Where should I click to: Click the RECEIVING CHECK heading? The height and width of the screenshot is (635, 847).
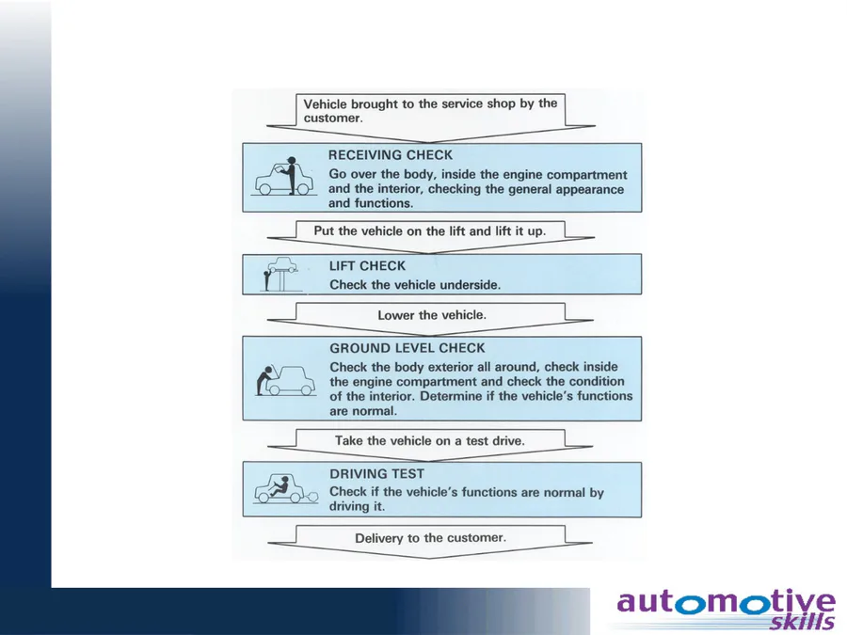[390, 155]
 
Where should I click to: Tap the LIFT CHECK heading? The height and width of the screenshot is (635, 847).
[367, 265]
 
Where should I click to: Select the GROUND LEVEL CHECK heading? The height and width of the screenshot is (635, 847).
[408, 348]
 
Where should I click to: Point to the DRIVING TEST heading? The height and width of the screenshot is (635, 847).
[376, 473]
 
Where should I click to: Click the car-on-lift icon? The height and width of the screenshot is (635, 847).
[280, 274]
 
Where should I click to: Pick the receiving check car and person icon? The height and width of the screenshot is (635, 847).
[283, 176]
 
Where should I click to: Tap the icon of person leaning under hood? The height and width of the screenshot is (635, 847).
[286, 381]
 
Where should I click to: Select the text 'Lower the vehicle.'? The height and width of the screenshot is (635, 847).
[432, 315]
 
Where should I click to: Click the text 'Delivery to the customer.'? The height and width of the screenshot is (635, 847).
[430, 538]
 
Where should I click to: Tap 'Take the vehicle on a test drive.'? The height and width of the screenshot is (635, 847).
[429, 440]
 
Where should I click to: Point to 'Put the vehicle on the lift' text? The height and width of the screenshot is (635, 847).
[390, 231]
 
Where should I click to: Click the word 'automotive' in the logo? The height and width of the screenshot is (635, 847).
[726, 603]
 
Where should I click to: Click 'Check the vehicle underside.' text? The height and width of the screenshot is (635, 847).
[415, 284]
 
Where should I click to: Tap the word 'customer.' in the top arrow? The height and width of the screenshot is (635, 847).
[333, 119]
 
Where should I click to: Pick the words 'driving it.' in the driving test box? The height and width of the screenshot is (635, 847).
[357, 506]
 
